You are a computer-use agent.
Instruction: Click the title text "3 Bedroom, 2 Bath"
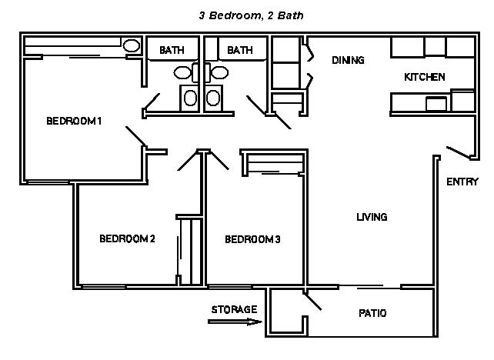point(251,15)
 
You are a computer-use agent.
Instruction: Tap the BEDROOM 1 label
point(74,121)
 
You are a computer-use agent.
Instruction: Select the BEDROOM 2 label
point(127,238)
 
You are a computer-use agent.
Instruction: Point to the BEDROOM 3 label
point(252,239)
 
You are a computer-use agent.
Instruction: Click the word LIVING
point(372,217)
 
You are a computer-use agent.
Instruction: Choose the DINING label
point(348,60)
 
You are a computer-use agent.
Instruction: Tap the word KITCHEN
point(425,77)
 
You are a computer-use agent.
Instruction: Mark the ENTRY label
point(462,182)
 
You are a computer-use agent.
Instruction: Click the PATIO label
point(372,313)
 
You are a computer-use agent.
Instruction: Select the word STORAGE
point(234,309)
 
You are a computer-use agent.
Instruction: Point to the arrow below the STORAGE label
point(235,322)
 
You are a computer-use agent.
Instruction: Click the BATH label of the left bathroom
point(172,50)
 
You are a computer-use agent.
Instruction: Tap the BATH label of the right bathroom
point(240,50)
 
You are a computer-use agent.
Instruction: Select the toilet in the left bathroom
point(182,73)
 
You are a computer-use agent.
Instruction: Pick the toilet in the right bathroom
point(219,73)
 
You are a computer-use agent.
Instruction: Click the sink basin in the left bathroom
point(190,98)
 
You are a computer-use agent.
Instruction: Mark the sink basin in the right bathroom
point(213,98)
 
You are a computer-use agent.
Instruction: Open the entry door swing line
point(459,152)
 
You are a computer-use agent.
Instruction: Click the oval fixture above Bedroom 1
point(132,46)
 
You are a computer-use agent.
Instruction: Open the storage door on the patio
point(312,302)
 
